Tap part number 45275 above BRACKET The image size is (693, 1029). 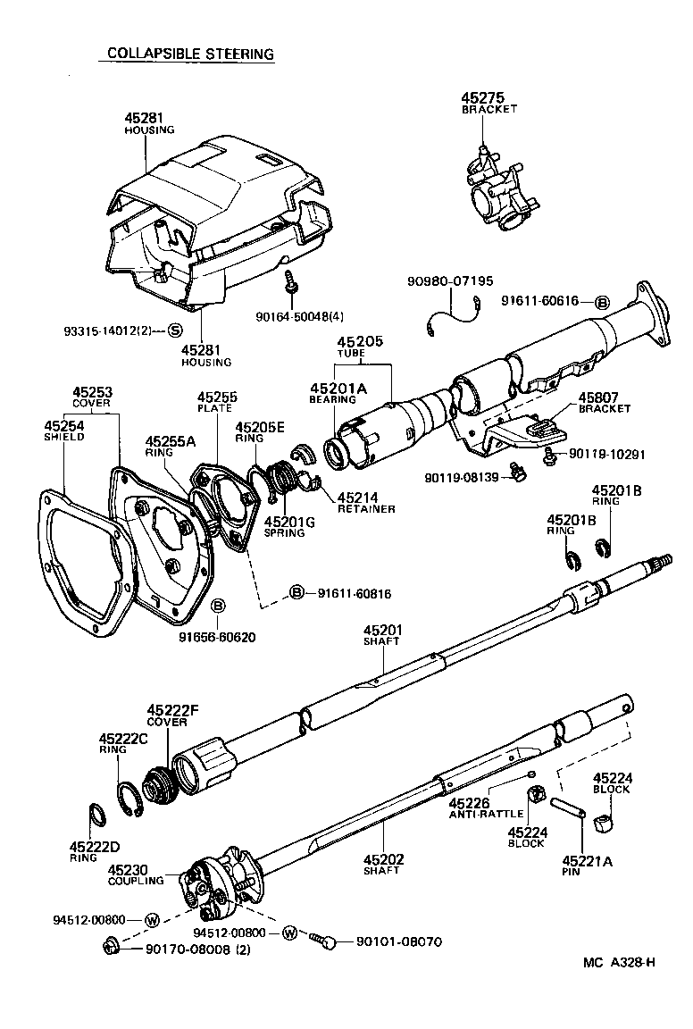(x=483, y=97)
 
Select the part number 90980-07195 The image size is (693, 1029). (x=450, y=281)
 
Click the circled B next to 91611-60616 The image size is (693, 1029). (x=602, y=301)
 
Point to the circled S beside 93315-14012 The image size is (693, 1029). (x=175, y=331)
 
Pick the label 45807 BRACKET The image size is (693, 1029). (x=604, y=403)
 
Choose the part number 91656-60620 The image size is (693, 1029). (x=216, y=639)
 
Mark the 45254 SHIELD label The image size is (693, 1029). (x=64, y=432)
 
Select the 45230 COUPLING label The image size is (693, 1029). (x=135, y=874)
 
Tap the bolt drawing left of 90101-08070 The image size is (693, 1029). (x=322, y=940)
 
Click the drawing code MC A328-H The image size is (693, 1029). (x=619, y=962)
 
